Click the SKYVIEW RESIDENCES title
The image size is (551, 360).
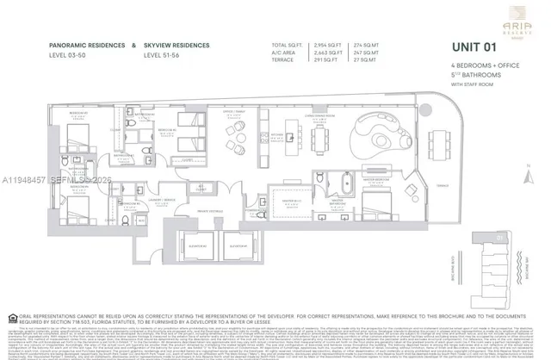[182, 44]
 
